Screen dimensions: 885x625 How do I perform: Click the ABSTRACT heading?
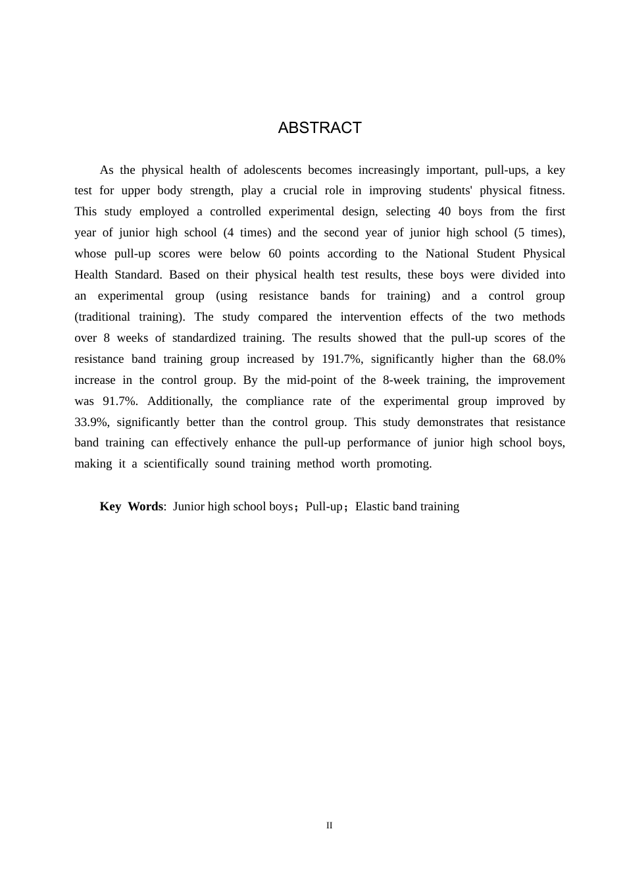320,128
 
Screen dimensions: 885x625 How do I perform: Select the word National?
453,254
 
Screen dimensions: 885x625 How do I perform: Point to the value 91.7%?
120,402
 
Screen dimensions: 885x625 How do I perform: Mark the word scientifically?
176,464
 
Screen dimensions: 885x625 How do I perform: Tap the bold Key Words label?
132,507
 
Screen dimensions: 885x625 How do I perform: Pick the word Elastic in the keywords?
372,507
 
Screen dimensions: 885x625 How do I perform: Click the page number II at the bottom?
330,826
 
